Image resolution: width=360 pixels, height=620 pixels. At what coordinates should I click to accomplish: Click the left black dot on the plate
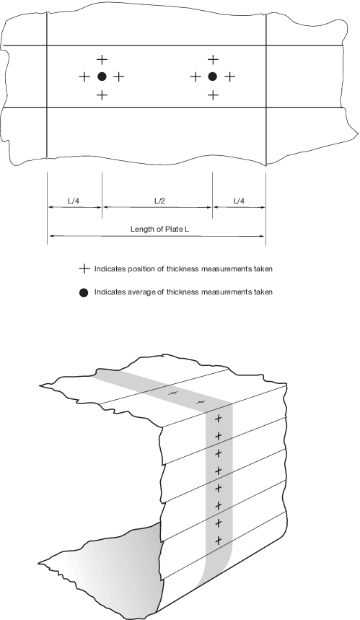(102, 77)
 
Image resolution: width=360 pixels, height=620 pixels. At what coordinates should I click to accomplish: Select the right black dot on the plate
(213, 77)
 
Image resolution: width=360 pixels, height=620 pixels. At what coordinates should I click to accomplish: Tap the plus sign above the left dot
(102, 60)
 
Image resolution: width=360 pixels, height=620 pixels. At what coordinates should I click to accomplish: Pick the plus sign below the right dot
(213, 95)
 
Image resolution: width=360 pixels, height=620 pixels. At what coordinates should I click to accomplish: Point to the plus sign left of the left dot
(84, 77)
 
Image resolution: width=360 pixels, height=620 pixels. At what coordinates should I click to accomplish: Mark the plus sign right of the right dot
(230, 77)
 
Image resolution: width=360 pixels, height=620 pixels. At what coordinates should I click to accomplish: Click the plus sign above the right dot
(213, 60)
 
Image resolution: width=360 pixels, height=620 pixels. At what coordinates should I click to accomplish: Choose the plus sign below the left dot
(102, 95)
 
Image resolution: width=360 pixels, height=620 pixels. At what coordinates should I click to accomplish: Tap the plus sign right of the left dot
(119, 77)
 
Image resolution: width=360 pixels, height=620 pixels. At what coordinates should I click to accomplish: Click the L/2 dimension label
(159, 201)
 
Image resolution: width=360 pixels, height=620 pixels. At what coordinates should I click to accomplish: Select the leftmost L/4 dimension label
(74, 201)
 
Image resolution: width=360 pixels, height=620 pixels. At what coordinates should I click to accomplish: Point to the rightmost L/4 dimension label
(239, 201)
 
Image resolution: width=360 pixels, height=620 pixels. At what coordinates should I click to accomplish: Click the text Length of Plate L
(157, 230)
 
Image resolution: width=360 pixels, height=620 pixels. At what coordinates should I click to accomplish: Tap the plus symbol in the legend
(84, 269)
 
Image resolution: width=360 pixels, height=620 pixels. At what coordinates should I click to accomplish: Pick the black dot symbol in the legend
(84, 292)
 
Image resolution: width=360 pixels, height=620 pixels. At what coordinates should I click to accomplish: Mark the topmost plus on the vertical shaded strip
(218, 419)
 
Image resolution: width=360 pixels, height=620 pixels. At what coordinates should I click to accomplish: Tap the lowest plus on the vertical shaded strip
(218, 540)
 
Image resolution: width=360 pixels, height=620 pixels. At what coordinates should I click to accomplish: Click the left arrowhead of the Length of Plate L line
(51, 236)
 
